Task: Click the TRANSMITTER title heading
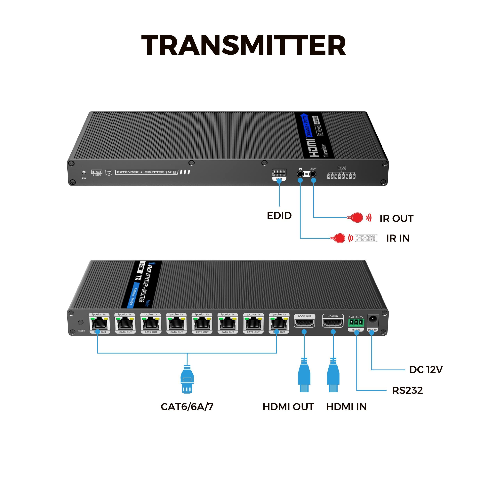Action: [x=244, y=45]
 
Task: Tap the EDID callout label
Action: [x=279, y=215]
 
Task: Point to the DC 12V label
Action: [x=426, y=370]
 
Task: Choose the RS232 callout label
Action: [x=407, y=390]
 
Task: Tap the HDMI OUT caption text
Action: [x=288, y=407]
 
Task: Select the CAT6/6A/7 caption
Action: [x=187, y=407]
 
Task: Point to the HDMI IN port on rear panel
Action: [x=333, y=323]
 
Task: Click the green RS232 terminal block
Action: [x=356, y=323]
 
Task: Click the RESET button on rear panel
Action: [x=81, y=322]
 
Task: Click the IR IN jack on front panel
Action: [x=300, y=174]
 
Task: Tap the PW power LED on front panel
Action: [x=84, y=172]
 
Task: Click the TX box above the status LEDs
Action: [x=342, y=168]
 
